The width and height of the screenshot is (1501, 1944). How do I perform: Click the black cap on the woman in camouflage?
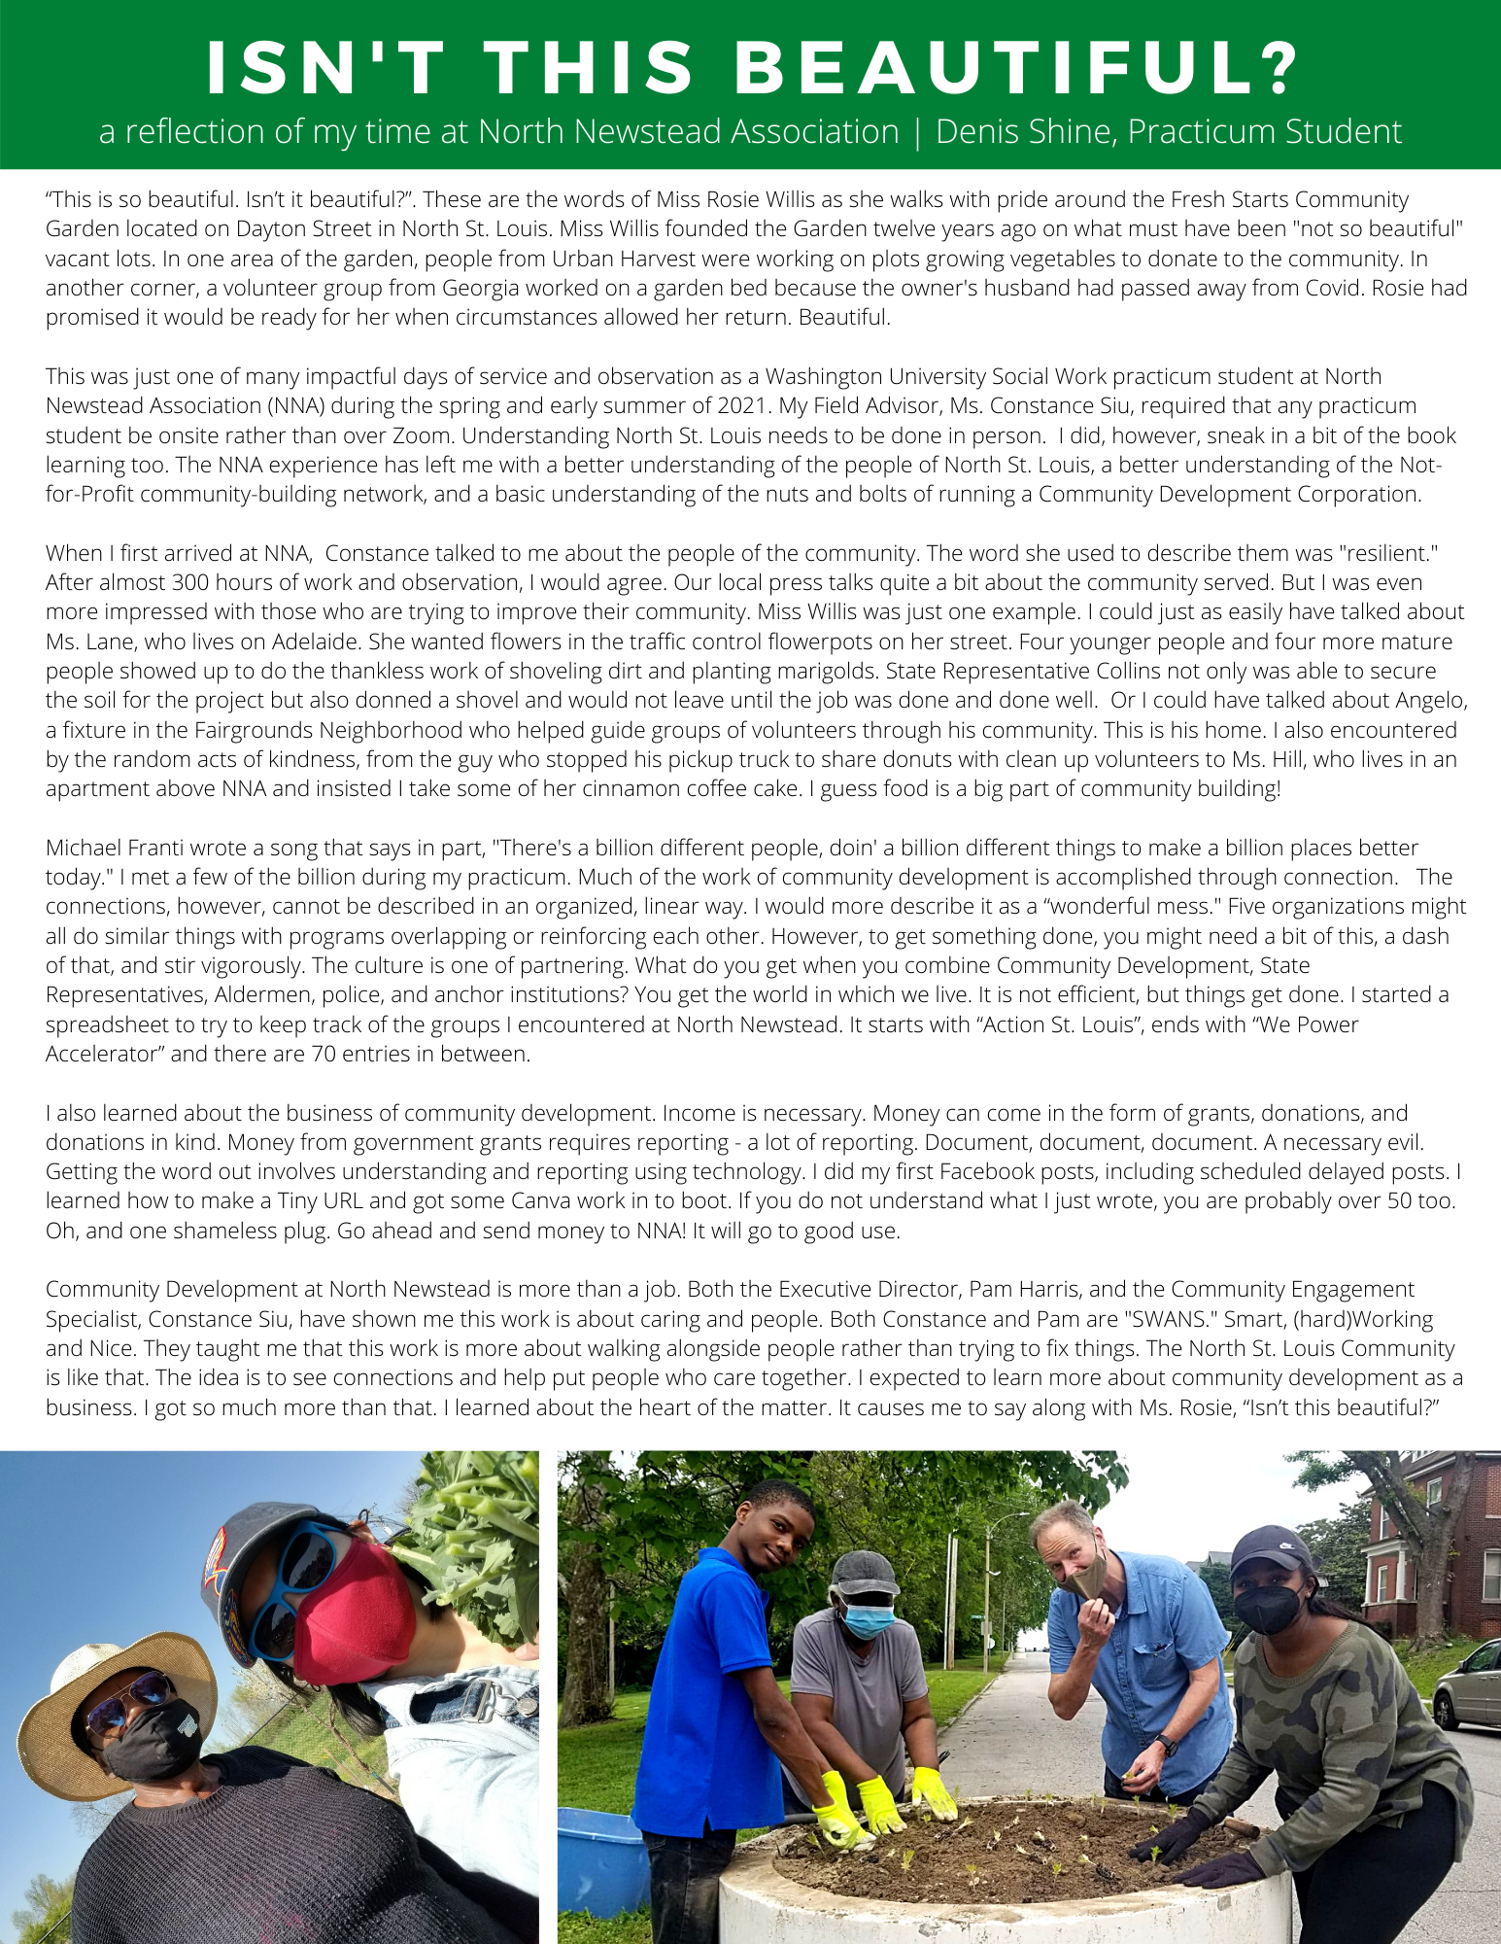click(x=1270, y=1546)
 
